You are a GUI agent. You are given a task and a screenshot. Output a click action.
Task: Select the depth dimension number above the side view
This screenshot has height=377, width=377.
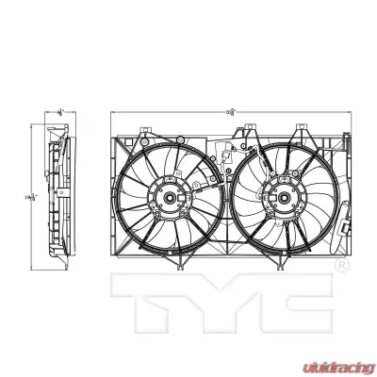click(x=59, y=112)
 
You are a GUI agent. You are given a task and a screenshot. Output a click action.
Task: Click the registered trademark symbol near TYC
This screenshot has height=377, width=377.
click(x=340, y=268)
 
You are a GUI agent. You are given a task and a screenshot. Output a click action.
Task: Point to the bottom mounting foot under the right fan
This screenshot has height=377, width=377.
click(x=281, y=268)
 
